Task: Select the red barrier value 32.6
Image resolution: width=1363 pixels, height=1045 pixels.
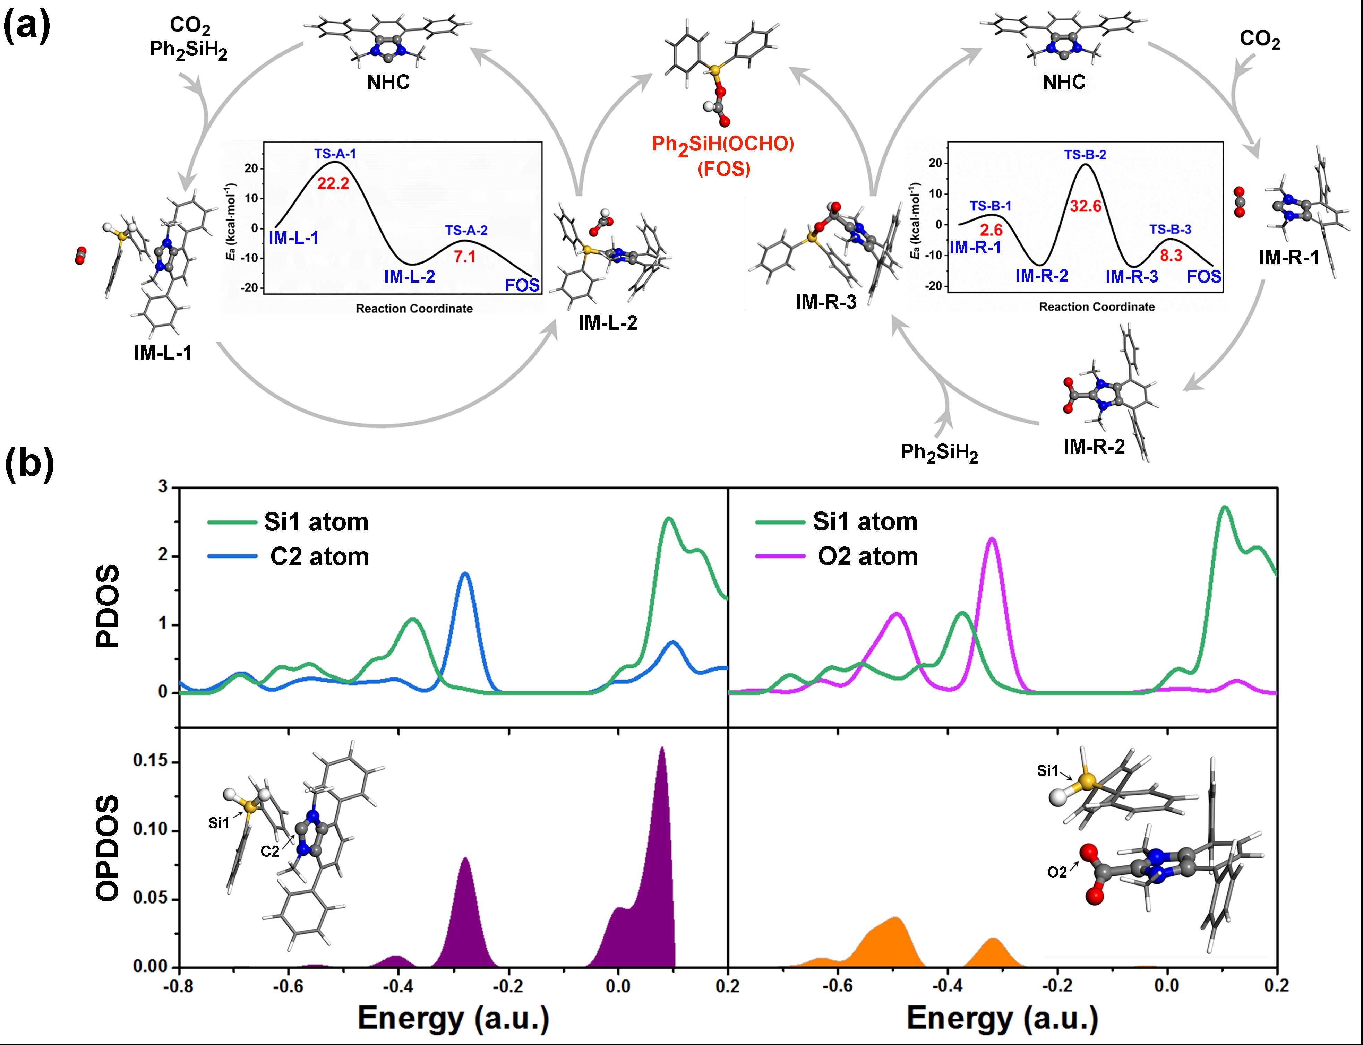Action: (1086, 206)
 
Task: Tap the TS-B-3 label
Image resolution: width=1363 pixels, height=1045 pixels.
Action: (1170, 230)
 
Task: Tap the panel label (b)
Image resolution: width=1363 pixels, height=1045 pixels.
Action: (29, 465)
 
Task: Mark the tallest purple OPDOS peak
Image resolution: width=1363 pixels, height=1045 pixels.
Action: (661, 750)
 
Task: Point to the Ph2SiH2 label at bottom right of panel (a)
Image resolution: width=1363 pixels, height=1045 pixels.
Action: (939, 452)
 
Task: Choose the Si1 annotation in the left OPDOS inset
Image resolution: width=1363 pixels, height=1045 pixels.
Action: (219, 823)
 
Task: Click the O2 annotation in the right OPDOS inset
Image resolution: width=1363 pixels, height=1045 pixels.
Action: (1057, 872)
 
